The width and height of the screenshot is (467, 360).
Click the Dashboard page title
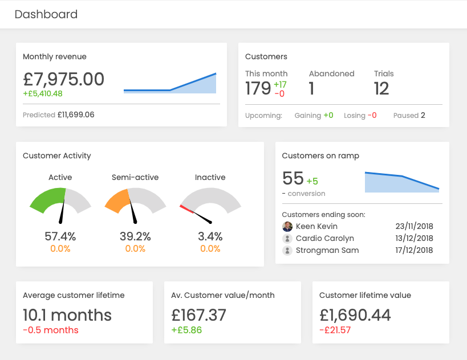tap(46, 14)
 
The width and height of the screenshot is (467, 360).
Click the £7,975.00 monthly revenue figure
tap(63, 79)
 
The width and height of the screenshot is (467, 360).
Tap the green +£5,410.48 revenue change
tap(43, 93)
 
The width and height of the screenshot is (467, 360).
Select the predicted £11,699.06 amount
tap(76, 114)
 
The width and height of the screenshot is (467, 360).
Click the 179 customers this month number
tap(258, 88)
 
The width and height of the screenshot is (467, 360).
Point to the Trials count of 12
tap(381, 88)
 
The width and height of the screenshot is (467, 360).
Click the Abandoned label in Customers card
tap(331, 73)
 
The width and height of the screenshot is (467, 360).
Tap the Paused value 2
tap(423, 115)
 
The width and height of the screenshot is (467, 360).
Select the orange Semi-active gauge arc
tap(117, 201)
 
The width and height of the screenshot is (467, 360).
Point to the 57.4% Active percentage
tap(60, 236)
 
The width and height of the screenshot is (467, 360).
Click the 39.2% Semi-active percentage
tap(135, 236)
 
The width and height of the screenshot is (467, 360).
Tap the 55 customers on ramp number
tap(293, 178)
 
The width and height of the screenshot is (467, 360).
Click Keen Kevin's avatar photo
tap(287, 226)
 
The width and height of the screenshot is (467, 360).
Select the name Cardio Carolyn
tap(324, 238)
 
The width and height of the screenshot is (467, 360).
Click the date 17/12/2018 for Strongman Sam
tap(414, 250)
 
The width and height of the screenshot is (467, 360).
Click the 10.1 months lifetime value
tap(67, 315)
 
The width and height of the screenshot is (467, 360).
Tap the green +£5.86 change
tap(186, 330)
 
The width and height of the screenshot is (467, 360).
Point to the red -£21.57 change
tap(335, 330)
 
